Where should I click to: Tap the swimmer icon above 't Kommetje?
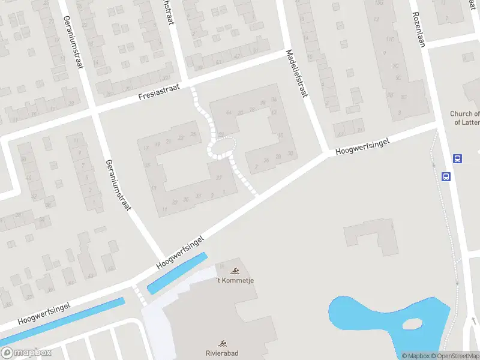tap(234, 271)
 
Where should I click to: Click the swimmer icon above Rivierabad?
tap(222, 344)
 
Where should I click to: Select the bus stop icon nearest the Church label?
tap(457, 159)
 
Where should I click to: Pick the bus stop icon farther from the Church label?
tap(446, 176)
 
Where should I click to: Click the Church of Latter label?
tap(465, 118)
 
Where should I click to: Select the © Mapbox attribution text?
tap(416, 356)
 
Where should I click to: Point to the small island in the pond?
tap(412, 325)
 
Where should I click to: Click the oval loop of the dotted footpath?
tap(221, 147)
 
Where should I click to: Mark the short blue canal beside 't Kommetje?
tap(177, 274)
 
